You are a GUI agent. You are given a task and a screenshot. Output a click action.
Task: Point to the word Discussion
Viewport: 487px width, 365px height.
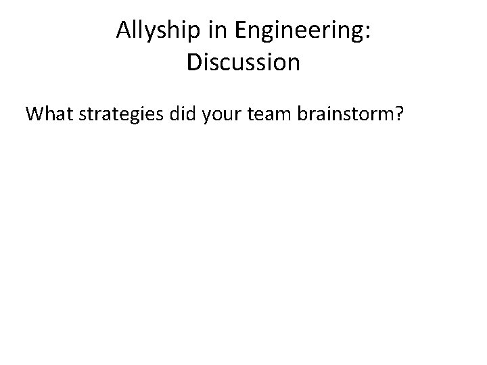[243, 62]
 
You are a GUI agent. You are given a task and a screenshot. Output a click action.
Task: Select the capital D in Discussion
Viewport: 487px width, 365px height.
[194, 62]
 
